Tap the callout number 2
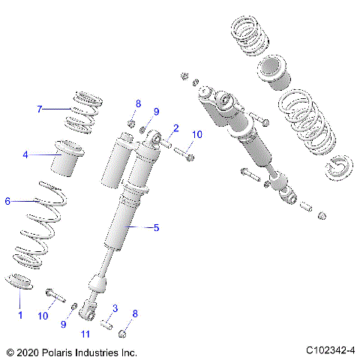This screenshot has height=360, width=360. [175, 127]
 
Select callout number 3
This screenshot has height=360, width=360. [115, 309]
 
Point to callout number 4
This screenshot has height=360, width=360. [25, 155]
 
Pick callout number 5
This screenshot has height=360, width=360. [156, 227]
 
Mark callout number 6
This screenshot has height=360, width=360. [8, 201]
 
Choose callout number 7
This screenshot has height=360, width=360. [40, 109]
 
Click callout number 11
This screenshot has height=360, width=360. [85, 334]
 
